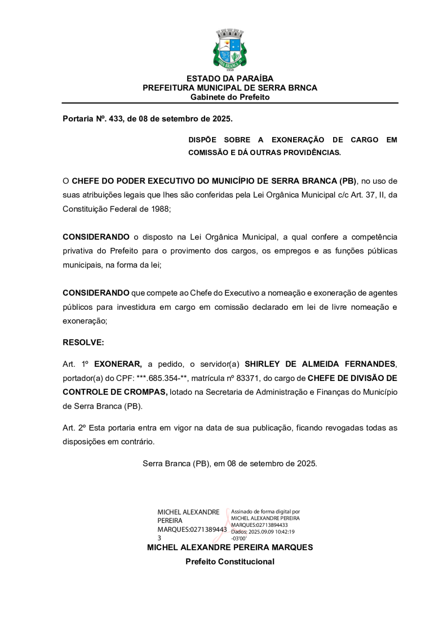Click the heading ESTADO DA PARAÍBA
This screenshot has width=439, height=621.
(x=230, y=79)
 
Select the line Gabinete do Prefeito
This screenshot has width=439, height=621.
(x=230, y=97)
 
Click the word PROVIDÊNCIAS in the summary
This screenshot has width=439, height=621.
(x=312, y=153)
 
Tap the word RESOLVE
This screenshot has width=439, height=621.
(x=83, y=342)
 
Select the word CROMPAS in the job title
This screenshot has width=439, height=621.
(x=145, y=392)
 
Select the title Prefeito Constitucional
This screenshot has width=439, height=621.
(x=230, y=562)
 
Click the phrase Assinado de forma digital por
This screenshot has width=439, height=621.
(x=265, y=512)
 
